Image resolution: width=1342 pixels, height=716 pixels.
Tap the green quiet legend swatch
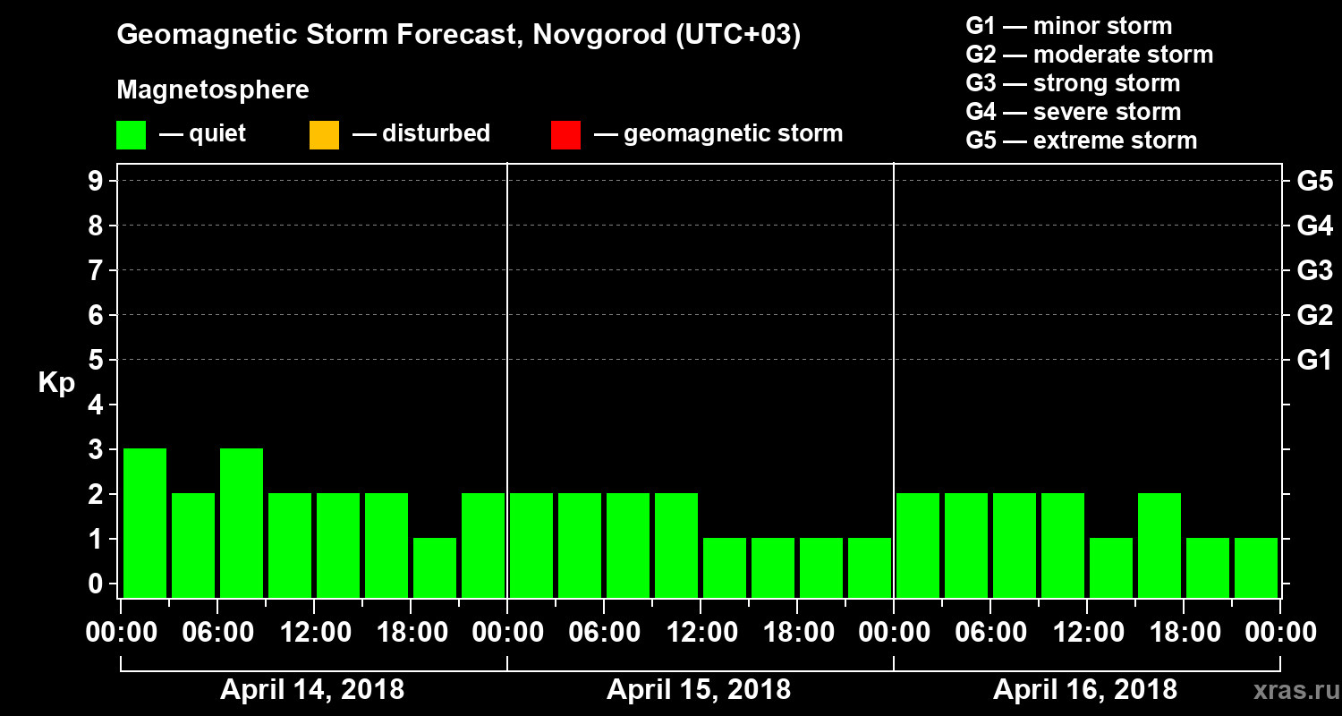(131, 134)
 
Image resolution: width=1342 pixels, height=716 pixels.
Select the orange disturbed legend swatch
(324, 134)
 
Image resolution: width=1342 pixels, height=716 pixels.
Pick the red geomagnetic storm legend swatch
(565, 134)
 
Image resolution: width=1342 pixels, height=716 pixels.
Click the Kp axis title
(56, 383)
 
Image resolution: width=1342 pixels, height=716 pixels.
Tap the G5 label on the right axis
(1314, 182)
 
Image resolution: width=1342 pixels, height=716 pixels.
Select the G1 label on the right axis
(1314, 361)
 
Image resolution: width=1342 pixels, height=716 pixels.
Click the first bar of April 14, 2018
(145, 523)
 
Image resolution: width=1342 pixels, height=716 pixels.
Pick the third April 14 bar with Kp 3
(242, 523)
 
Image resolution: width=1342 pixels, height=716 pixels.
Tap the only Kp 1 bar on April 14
(435, 567)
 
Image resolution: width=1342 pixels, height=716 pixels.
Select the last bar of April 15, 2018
(870, 567)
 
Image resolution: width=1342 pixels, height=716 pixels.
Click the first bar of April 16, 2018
(918, 545)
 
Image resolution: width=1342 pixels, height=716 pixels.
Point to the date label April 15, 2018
(699, 690)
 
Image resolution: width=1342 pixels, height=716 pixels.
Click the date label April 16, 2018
(1085, 690)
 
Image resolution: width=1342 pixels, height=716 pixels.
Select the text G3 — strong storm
(1073, 83)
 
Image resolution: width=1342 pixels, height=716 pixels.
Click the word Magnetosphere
(213, 90)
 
